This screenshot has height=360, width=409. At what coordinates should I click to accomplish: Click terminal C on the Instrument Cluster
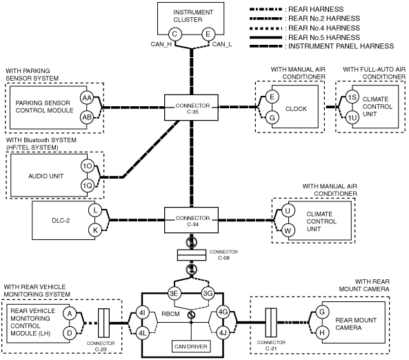coord(174,34)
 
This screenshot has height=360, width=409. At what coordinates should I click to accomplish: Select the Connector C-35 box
coord(191,108)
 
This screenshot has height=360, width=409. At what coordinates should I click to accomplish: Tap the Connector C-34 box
coord(191,220)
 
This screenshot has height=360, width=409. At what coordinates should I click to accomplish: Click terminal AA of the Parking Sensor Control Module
coord(87,98)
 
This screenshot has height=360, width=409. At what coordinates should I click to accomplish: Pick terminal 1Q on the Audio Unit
coord(88,186)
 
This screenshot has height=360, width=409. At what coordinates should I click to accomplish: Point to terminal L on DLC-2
coord(95,210)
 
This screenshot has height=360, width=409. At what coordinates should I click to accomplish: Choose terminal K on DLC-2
coord(95,230)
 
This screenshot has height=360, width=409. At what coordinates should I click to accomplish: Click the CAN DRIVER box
coord(191,346)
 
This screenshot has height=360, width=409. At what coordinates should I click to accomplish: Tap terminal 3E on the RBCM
coord(174,294)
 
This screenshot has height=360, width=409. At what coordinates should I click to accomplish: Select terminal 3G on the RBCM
coord(208,294)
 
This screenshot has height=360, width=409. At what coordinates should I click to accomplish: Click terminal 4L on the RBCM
coord(142,333)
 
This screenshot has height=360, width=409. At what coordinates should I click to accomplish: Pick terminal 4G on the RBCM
coord(223,312)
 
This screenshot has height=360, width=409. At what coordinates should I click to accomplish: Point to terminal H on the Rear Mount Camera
coord(322,332)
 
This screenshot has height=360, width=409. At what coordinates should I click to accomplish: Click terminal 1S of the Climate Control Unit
coord(352,97)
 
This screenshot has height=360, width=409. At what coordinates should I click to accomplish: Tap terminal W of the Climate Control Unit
coord(288,230)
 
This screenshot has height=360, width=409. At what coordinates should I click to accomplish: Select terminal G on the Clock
coord(272,118)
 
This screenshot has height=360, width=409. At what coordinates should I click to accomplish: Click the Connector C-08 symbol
coord(192,255)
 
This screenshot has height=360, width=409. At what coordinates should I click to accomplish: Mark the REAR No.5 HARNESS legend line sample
coord(266,37)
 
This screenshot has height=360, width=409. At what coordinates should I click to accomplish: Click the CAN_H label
coord(161,44)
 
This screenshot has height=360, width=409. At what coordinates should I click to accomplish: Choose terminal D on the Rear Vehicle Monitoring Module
coord(70,333)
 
